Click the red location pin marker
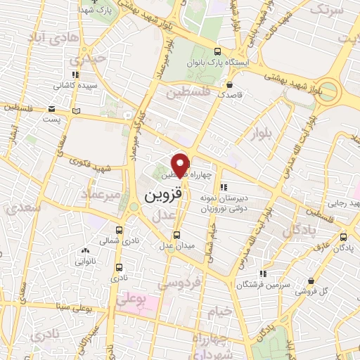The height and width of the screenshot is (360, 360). (180, 164)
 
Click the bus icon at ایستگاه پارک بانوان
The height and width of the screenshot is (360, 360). (218, 51)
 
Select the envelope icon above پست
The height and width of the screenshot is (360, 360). (52, 109)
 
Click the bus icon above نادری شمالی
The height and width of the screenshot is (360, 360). (120, 230)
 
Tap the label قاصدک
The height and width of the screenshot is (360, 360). (230, 94)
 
